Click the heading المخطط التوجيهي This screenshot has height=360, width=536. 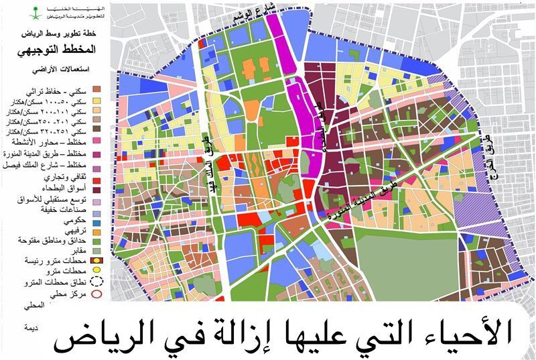(63, 50)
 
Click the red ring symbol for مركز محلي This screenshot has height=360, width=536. (96, 294)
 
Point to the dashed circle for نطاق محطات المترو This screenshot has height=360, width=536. (96, 282)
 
